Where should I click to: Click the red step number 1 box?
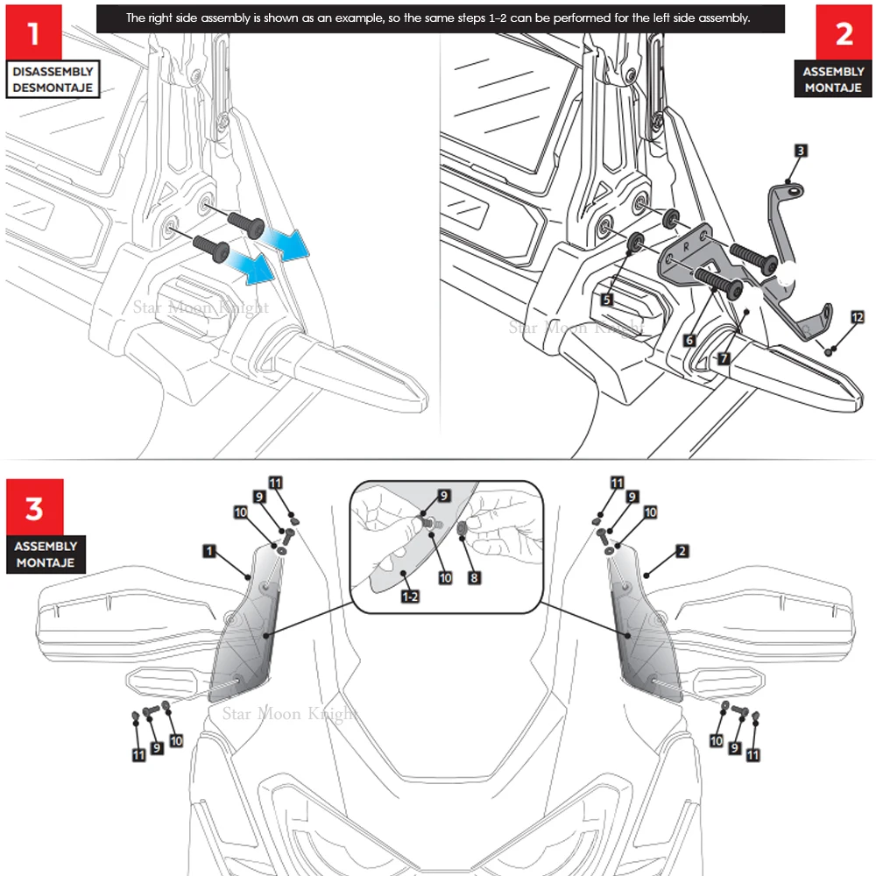pyautogui.click(x=33, y=32)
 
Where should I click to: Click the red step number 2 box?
pyautogui.click(x=844, y=32)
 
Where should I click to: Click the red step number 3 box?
pyautogui.click(x=35, y=506)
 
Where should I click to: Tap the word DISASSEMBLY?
pyautogui.click(x=53, y=72)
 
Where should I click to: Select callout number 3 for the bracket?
pyautogui.click(x=801, y=151)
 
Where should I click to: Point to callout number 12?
pyautogui.click(x=857, y=317)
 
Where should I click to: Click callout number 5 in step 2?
pyautogui.click(x=607, y=300)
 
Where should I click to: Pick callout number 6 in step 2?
pyautogui.click(x=689, y=340)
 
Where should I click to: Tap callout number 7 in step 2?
pyautogui.click(x=724, y=358)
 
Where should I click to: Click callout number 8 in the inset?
pyautogui.click(x=474, y=577)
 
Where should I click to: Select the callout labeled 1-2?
pyautogui.click(x=410, y=597)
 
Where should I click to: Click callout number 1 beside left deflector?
pyautogui.click(x=209, y=551)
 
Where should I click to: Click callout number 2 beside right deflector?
pyautogui.click(x=682, y=551)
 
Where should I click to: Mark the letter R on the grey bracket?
pyautogui.click(x=686, y=246)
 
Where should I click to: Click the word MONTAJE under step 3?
pyautogui.click(x=46, y=562)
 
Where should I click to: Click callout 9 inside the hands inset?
pyautogui.click(x=444, y=496)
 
